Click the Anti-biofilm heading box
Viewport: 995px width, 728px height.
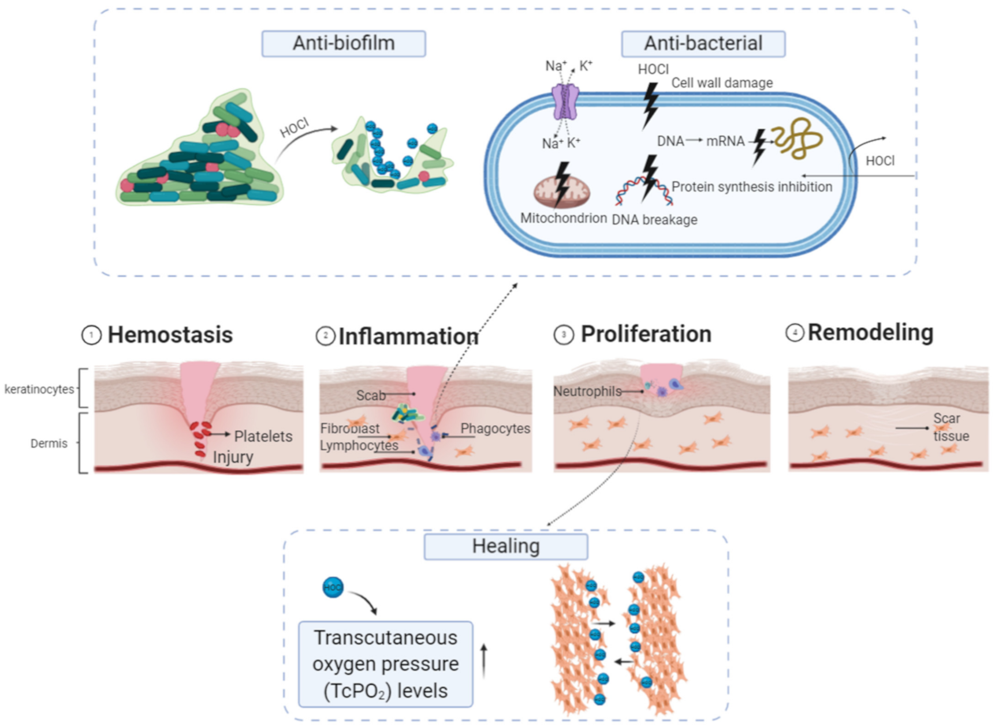click(344, 44)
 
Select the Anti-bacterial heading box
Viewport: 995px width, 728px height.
click(703, 44)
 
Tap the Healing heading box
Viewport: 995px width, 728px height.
click(506, 546)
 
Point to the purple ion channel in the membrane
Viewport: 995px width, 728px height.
click(565, 102)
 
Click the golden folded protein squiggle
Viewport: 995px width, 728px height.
click(798, 138)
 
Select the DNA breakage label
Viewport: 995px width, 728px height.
click(654, 220)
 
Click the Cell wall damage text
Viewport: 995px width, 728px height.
click(722, 83)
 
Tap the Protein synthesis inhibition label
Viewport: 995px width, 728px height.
click(752, 187)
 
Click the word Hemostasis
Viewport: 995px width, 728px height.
click(170, 335)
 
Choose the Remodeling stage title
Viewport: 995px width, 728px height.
click(870, 332)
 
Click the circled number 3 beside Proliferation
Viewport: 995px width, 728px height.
click(564, 335)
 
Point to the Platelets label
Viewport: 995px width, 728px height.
click(263, 436)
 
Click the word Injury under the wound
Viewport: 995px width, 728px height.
click(233, 457)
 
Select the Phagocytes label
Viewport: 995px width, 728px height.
click(495, 429)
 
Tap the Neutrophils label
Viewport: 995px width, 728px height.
click(587, 391)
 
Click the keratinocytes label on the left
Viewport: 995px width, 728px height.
click(39, 389)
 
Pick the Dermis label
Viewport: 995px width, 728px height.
click(49, 444)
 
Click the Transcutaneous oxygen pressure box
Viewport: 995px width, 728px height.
click(385, 664)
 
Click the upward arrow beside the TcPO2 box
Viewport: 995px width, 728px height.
click(484, 661)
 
